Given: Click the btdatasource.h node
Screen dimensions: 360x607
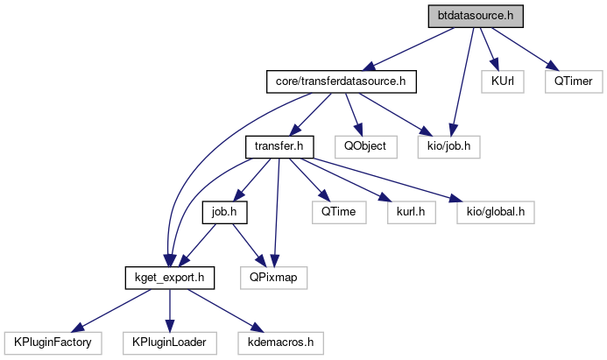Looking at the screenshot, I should tap(475, 17).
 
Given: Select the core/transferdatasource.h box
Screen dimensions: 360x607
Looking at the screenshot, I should tap(340, 81).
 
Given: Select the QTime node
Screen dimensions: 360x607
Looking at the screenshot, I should tap(335, 211).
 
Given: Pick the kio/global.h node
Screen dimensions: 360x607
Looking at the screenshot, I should tap(494, 211).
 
